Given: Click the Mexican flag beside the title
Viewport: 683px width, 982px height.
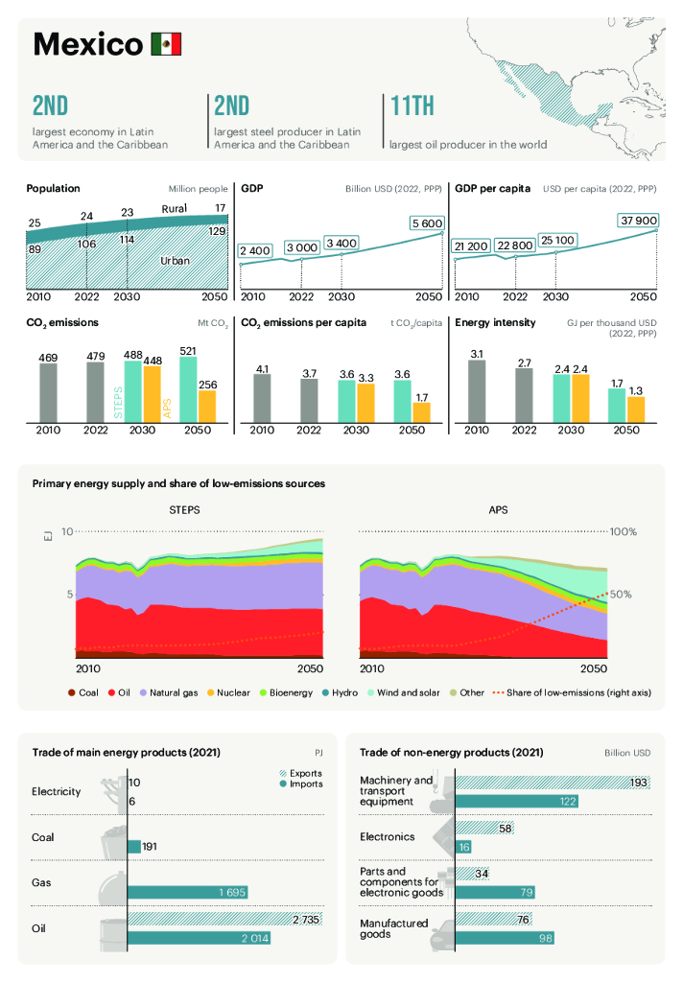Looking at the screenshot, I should (165, 44).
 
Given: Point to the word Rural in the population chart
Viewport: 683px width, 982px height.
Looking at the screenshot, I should (174, 208).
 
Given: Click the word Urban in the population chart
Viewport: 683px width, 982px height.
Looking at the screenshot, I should (175, 260).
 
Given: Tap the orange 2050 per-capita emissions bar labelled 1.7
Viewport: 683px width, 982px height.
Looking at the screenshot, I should (421, 410).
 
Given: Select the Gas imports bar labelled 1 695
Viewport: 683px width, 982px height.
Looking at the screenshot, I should (191, 893).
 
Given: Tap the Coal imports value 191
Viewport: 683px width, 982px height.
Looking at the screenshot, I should (150, 847).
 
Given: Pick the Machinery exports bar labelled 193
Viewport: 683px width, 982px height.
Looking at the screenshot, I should (553, 783).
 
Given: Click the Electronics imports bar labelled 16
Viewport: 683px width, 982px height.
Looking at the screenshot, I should (463, 847).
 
